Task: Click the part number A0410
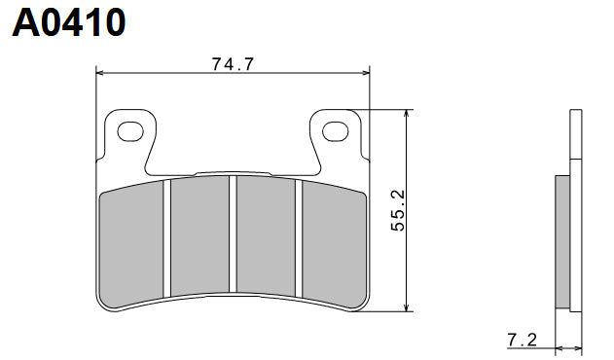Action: click(68, 21)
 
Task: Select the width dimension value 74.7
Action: click(233, 65)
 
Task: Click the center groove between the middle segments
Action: click(234, 234)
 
